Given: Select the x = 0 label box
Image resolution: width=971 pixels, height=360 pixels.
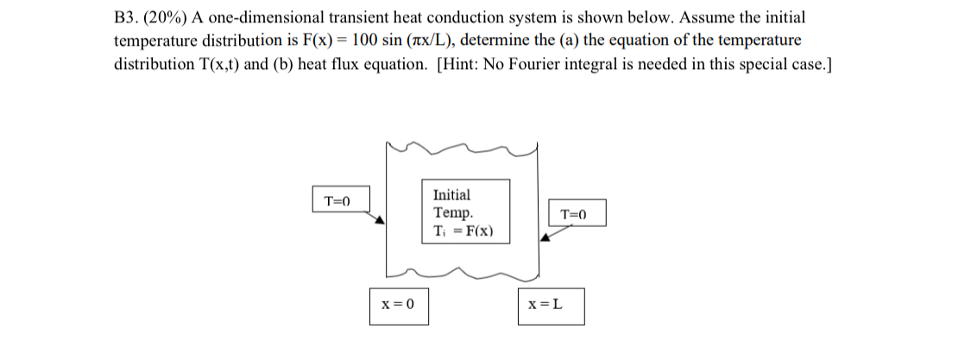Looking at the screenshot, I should click(x=398, y=305).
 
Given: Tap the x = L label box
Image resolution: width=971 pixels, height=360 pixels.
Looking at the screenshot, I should click(x=550, y=306).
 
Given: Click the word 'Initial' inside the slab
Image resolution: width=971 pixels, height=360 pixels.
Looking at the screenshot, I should click(x=451, y=195).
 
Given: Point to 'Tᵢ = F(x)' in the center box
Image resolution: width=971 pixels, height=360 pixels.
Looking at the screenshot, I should click(x=463, y=231).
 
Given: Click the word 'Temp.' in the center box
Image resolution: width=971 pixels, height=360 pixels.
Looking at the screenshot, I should click(x=452, y=212).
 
